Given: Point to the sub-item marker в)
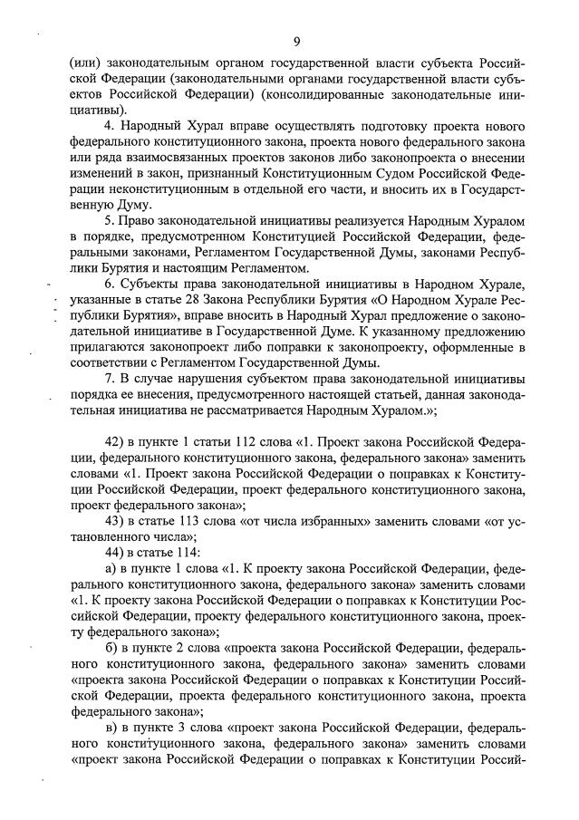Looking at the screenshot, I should pos(111,728).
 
